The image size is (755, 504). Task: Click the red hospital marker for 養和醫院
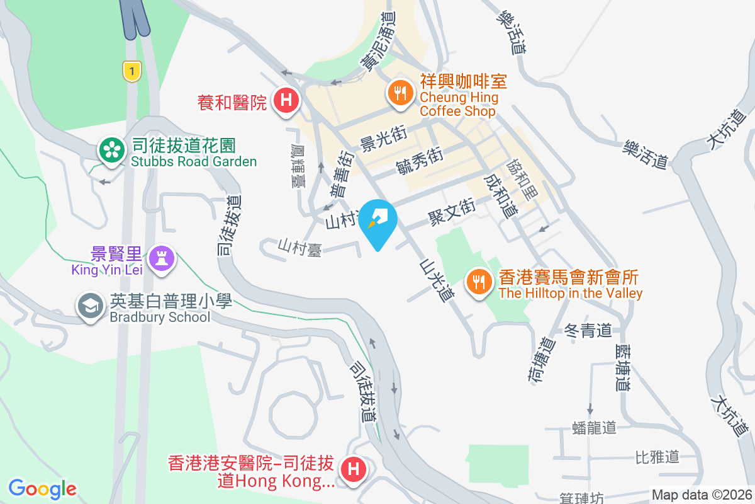click(x=286, y=100)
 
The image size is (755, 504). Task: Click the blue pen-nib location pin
click(x=379, y=220)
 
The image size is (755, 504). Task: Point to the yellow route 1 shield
click(x=131, y=71)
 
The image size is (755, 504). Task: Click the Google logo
click(x=42, y=488)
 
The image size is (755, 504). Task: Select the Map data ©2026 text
click(x=701, y=495)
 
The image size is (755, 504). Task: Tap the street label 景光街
click(x=383, y=139)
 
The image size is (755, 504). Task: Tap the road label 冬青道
click(x=588, y=330)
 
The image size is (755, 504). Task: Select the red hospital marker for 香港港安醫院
click(x=353, y=469)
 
